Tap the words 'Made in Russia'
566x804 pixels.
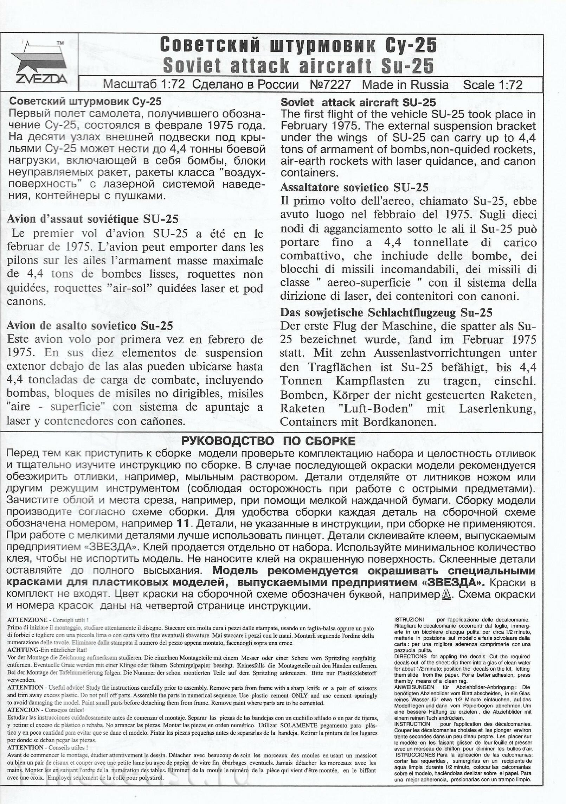405,85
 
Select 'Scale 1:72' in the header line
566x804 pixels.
493,85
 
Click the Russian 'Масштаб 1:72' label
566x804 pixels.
144,85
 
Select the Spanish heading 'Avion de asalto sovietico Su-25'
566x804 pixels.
90,326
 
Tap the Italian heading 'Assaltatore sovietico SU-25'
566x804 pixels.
354,187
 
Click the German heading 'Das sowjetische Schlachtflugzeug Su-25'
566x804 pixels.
386,312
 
